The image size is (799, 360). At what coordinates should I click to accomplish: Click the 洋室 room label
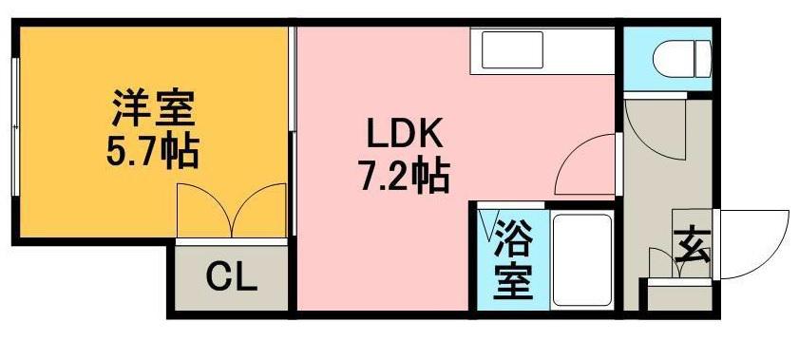[x=153, y=108]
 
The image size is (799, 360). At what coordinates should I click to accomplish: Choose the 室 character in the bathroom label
[x=512, y=282]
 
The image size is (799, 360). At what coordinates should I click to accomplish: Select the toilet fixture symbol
[x=681, y=58]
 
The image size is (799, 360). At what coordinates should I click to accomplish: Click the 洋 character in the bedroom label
[x=129, y=108]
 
